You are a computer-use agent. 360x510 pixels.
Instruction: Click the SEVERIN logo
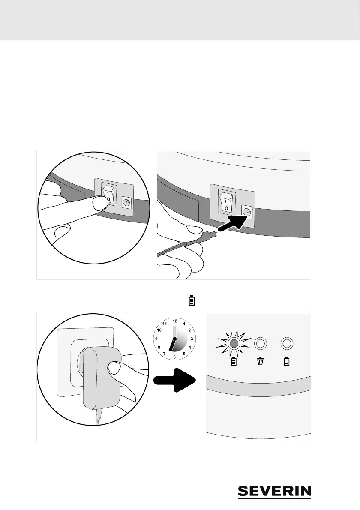pos(274,492)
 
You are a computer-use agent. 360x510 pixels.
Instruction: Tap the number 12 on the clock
pos(174,321)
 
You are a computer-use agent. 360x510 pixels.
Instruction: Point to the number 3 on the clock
pos(192,339)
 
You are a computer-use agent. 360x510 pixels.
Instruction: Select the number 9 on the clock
pos(157,339)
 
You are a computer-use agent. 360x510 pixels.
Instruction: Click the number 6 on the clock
pos(174,357)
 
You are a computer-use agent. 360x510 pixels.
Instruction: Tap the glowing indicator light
pos(234,343)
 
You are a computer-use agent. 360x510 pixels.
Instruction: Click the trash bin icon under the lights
pos(261,362)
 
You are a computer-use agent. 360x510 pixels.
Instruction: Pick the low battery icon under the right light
pos(287,362)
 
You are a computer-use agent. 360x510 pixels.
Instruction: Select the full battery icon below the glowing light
pos(234,362)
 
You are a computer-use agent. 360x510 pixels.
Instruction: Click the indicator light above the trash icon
pos(261,343)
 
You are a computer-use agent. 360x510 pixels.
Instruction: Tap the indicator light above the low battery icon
pos(287,343)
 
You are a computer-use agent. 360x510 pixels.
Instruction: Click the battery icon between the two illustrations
pos(192,300)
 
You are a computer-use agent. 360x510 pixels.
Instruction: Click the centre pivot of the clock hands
pos(174,339)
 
